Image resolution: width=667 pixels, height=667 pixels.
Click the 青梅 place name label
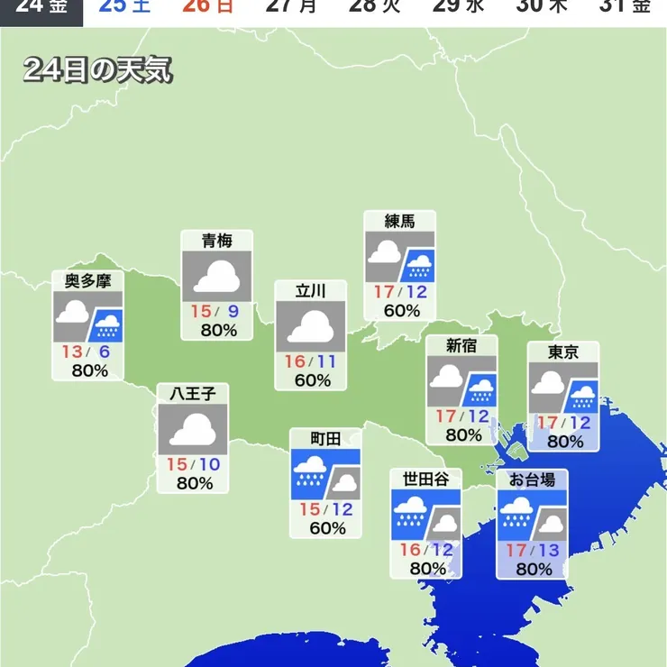pyautogui.click(x=217, y=241)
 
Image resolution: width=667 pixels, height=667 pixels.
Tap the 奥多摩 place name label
pyautogui.click(x=88, y=280)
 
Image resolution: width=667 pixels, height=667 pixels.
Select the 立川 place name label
pyautogui.click(x=310, y=290)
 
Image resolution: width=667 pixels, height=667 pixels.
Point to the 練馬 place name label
pyautogui.click(x=399, y=221)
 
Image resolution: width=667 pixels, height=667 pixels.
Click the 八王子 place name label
pyautogui.click(x=193, y=393)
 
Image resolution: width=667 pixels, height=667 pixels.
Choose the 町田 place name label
pyautogui.click(x=325, y=439)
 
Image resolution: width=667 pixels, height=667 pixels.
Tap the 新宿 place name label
pyautogui.click(x=461, y=344)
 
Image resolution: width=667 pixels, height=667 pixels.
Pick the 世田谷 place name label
pyautogui.click(x=425, y=478)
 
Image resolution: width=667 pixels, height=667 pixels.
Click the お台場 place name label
pyautogui.click(x=532, y=479)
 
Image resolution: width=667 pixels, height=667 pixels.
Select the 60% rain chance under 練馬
pyautogui.click(x=400, y=311)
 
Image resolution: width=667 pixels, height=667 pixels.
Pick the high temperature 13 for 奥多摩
pyautogui.click(x=72, y=351)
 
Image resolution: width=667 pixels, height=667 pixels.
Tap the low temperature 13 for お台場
pyautogui.click(x=548, y=550)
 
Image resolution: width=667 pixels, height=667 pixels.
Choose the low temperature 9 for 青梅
pyautogui.click(x=233, y=311)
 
